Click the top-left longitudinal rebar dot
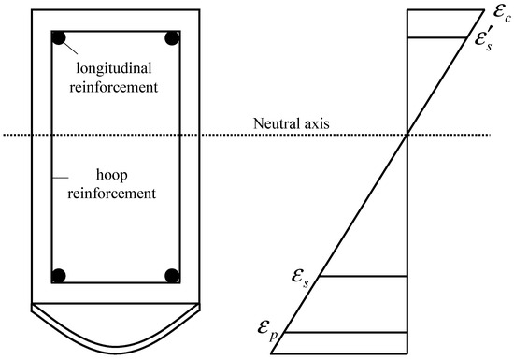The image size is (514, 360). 59,39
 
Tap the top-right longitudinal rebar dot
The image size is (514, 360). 172,39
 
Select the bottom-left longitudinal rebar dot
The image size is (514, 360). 59,276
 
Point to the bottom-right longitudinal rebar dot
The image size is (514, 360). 172,276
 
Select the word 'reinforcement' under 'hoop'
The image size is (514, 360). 117,197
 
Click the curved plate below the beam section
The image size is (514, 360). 115,324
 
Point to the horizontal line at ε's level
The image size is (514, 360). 439,37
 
